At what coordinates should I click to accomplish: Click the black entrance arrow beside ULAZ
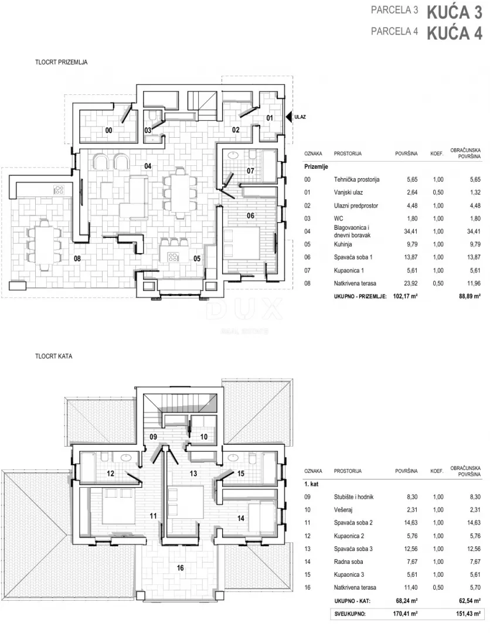tap(288, 117)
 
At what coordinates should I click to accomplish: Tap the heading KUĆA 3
tap(454, 12)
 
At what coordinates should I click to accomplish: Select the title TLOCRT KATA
tap(54, 356)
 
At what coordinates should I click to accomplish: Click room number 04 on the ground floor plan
tap(148, 166)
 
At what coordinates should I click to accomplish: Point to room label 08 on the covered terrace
tap(77, 258)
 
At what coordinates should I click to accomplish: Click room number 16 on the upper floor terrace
tap(180, 567)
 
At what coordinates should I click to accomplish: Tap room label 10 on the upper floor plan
tap(204, 437)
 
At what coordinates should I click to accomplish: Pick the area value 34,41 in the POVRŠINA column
tap(411, 232)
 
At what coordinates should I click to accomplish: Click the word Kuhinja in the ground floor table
tap(343, 244)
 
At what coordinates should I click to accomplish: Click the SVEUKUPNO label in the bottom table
tap(350, 614)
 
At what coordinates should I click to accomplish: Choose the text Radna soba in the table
tap(348, 561)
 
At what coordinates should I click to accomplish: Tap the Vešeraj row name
tap(343, 510)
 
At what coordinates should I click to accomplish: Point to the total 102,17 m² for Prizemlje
tap(405, 296)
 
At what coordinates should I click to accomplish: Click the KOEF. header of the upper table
tap(437, 154)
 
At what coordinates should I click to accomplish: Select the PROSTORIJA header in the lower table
tap(348, 471)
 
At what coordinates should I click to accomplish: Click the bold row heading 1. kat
tap(311, 484)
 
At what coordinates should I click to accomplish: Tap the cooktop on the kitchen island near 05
tap(173, 257)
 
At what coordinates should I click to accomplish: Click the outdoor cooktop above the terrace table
tap(59, 190)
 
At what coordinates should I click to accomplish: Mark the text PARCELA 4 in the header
tap(394, 31)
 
